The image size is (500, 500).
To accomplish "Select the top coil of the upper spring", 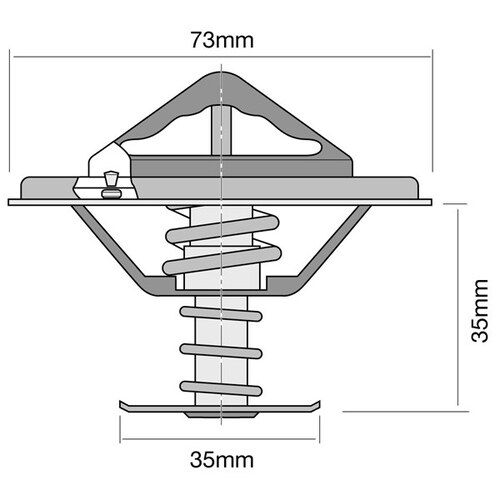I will point(220,221).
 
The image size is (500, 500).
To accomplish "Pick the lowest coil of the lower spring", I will point(220,386).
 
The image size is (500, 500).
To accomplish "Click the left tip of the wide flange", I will point(10,201).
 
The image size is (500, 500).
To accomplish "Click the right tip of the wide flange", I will point(431,201).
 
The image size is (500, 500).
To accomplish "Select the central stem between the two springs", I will point(220,300).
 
